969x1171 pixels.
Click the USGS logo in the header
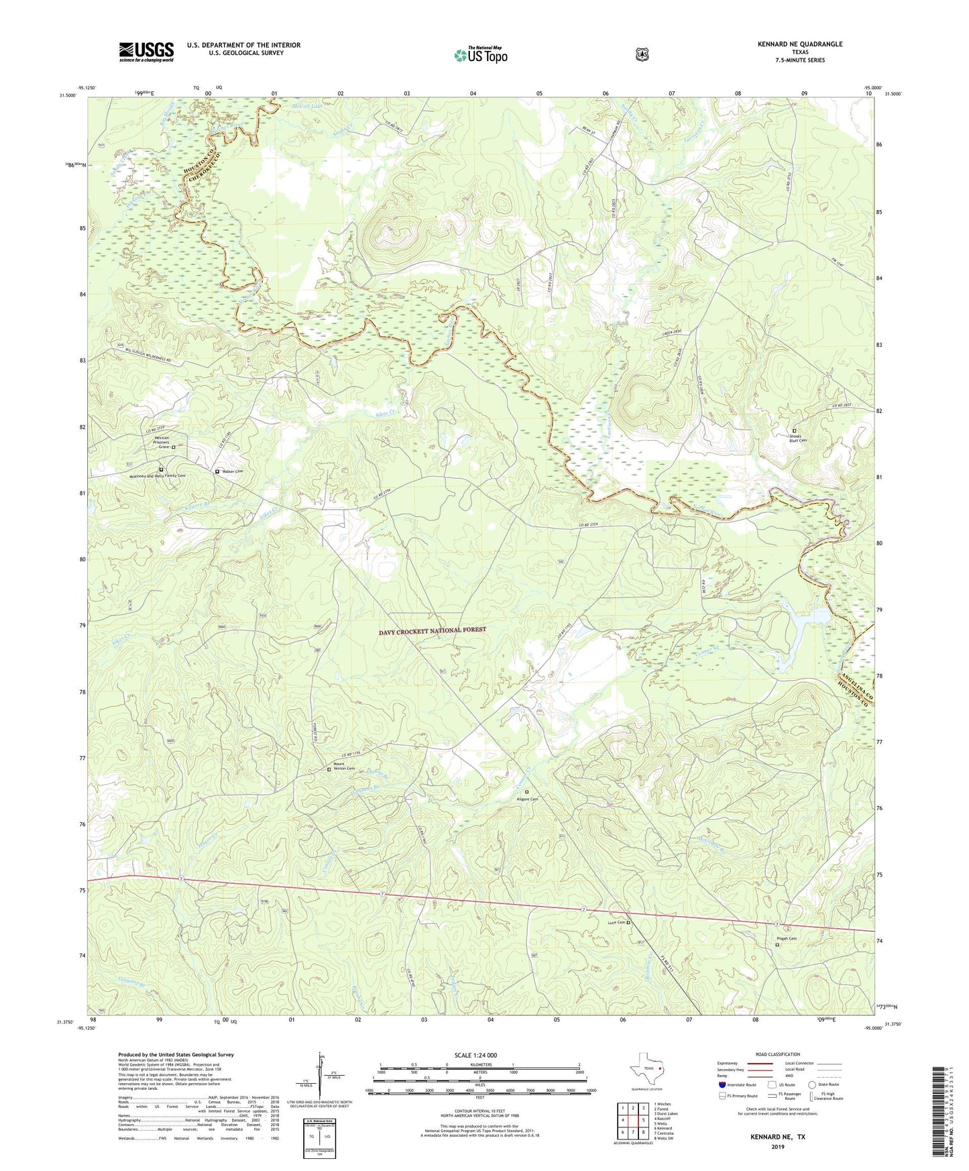click(146, 52)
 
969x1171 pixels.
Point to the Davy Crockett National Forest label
click(432, 630)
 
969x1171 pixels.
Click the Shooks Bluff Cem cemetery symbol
click(795, 431)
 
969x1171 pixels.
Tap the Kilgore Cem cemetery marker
click(526, 792)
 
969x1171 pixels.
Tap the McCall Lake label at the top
click(307, 107)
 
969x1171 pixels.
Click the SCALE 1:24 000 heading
click(475, 1055)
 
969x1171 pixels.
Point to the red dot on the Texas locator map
click(661, 1068)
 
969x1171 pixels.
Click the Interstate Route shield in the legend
click(722, 1084)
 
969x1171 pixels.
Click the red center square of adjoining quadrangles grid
click(632, 1120)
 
